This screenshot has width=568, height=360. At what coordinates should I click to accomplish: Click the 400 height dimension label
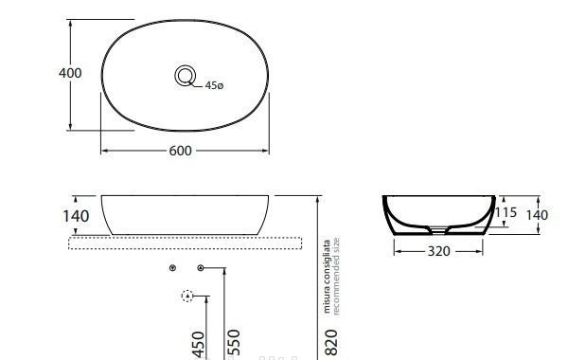pyautogui.click(x=70, y=73)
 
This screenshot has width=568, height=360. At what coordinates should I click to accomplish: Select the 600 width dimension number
pyautogui.click(x=180, y=151)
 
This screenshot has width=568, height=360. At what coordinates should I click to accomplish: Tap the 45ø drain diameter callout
pyautogui.click(x=214, y=85)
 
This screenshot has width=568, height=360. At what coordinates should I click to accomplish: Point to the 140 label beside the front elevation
pyautogui.click(x=76, y=216)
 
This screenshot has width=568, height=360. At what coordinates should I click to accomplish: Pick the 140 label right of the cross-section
pyautogui.click(x=537, y=215)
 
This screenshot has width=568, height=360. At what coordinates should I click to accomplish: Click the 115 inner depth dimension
pyautogui.click(x=506, y=212)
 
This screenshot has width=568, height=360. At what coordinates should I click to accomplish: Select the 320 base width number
pyautogui.click(x=438, y=251)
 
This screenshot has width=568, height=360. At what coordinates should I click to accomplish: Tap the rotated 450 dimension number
pyautogui.click(x=199, y=345)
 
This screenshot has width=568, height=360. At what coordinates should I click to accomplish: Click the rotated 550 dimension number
pyautogui.click(x=234, y=343)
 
